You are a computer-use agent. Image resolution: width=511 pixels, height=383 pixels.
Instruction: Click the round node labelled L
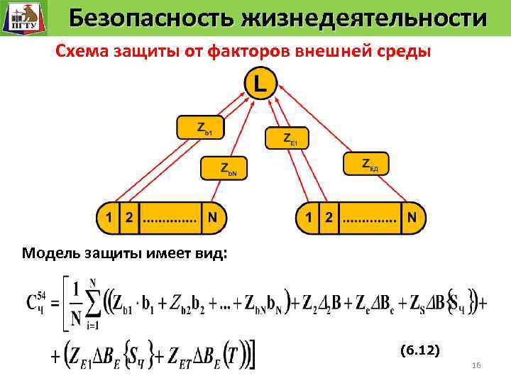pos(260,84)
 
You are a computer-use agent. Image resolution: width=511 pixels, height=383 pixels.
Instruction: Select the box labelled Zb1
pos(199,128)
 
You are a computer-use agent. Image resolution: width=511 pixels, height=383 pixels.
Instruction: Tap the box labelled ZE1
pos(287,138)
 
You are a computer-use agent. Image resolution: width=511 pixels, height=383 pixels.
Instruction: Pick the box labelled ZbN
pos(224,168)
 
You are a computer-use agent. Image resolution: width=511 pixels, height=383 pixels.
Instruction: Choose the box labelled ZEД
pos(366,164)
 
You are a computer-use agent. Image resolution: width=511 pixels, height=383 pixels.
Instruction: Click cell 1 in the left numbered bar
pos(109,218)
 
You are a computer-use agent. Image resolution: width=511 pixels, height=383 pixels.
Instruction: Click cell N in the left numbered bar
pos(213,218)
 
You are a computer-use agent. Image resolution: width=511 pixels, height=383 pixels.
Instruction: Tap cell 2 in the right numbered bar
pos(327,218)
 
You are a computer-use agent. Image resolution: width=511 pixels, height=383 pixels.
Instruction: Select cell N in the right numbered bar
pos(412,218)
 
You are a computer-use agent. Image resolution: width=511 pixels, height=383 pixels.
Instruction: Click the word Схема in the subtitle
pos(79,50)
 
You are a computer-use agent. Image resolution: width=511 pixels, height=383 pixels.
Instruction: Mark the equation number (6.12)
pos(419,350)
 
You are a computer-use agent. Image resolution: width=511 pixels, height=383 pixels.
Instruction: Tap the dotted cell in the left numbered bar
pos(170,218)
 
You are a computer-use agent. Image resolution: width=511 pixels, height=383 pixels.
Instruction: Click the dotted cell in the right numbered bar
pos(370,218)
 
